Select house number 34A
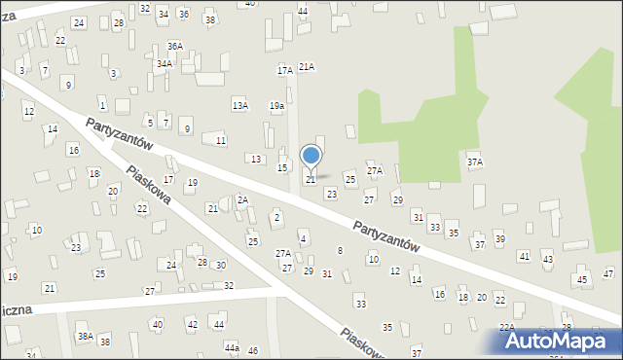(x=165, y=64)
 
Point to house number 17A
(x=284, y=70)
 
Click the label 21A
(x=307, y=66)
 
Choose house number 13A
(x=239, y=105)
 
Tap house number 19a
(x=277, y=105)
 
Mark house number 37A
(x=474, y=162)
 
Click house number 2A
(x=243, y=199)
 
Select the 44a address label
(x=231, y=347)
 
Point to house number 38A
(x=86, y=336)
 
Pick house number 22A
(x=506, y=328)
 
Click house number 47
(x=608, y=273)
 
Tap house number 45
(x=582, y=280)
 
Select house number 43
(x=547, y=260)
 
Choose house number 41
(x=524, y=256)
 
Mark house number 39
(x=499, y=239)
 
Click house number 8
(x=340, y=251)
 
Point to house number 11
(x=221, y=141)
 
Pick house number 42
(x=193, y=324)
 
